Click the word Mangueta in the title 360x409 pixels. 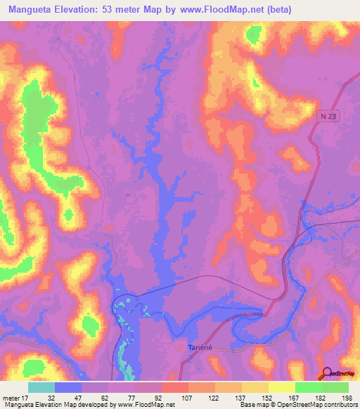click(34, 10)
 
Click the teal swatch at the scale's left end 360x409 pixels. click(41, 387)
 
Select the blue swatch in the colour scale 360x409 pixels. click(68, 387)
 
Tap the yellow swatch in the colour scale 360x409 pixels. click(282, 387)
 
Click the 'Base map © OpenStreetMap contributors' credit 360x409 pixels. click(296, 405)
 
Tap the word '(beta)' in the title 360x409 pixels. click(274, 10)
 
